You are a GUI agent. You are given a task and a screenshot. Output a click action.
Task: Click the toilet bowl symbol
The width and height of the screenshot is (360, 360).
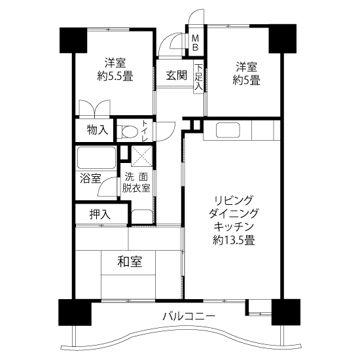coord(127,132)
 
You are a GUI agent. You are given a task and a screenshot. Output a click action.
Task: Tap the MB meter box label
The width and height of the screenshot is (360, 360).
coord(196,43)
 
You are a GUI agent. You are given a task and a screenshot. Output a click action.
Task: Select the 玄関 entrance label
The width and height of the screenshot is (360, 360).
coord(176,75)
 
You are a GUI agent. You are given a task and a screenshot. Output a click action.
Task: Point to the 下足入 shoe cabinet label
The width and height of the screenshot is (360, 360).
coord(199,77)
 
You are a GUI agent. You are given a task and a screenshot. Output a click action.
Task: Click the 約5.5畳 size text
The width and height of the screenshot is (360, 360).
coord(115,76)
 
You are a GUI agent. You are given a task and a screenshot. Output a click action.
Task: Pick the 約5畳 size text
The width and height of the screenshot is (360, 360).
coord(246,81)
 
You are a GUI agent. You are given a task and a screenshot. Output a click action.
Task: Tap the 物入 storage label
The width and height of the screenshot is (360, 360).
coord(98,130)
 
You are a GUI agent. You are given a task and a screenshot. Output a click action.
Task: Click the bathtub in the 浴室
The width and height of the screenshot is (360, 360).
coord(96,158)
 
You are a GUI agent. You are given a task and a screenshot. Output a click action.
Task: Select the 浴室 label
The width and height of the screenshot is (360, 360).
coord(90,178)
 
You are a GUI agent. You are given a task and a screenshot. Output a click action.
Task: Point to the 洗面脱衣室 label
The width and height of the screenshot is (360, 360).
coord(136,183)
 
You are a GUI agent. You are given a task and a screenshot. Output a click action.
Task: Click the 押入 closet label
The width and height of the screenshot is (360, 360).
coord(100,215)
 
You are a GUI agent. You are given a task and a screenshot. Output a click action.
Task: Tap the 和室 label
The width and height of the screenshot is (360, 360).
coord(130,262)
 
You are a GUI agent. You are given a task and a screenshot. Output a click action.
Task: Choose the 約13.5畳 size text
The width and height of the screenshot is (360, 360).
coord(234,240)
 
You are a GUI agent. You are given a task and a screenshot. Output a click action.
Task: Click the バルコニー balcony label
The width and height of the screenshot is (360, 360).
coord(189,317)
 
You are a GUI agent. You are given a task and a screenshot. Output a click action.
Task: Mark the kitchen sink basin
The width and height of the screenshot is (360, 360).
coord(228,130)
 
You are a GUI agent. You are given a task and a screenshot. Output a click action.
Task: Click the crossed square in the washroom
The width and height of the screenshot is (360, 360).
coord(141,156)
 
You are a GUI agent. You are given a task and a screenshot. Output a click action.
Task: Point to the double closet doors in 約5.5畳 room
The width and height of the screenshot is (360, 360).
coord(95,108)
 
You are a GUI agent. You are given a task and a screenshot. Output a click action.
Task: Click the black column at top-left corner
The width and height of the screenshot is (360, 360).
coord(73,40)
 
